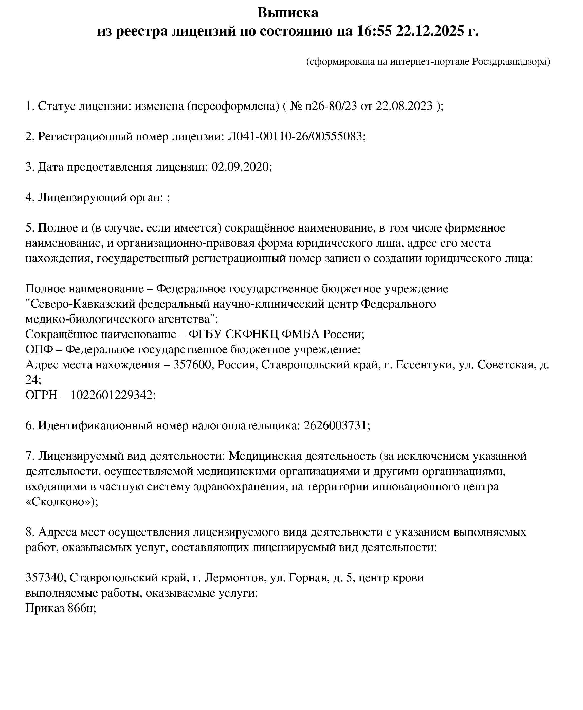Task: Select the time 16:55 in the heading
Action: point(374,31)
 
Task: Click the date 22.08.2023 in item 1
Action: point(404,106)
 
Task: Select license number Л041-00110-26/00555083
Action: point(295,136)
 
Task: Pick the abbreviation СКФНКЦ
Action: point(251,334)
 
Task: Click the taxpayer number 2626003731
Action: point(335,425)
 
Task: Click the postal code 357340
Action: point(44,578)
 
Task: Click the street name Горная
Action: point(308,578)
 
